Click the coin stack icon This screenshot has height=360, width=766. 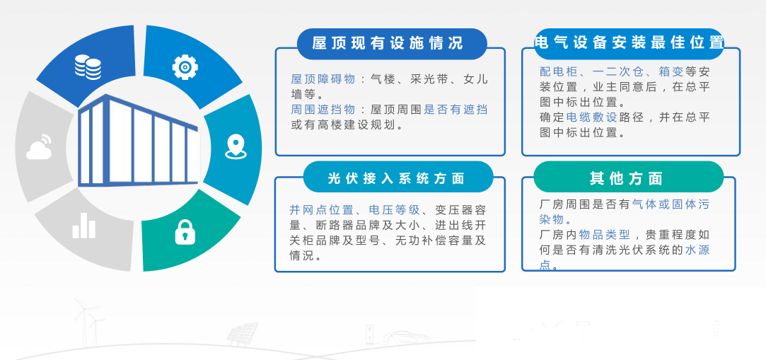pos(88,66)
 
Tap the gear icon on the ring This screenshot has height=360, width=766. pos(185,67)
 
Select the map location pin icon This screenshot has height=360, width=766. pos(236,146)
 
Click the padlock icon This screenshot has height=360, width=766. pos(185,232)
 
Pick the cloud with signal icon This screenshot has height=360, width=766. pos(40,147)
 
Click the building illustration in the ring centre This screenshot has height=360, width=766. pos(138,141)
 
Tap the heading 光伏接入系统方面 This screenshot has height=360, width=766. pos(397,178)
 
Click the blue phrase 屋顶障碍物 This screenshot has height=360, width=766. pos(323,79)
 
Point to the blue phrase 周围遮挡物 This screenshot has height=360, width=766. pos(323,110)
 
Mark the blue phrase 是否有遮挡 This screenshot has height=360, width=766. pos(455,110)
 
